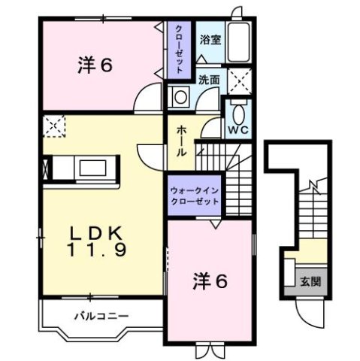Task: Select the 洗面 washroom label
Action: (x=209, y=78)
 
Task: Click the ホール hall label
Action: (x=181, y=141)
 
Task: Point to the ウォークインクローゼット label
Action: (x=195, y=196)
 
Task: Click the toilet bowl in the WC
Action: (x=238, y=114)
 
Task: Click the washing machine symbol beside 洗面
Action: (x=180, y=97)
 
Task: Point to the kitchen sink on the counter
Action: (x=92, y=167)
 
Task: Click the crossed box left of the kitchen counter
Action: (x=46, y=168)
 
